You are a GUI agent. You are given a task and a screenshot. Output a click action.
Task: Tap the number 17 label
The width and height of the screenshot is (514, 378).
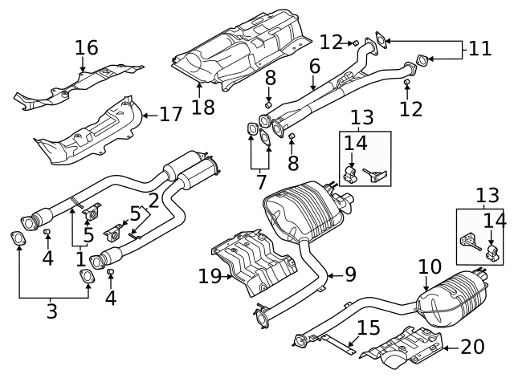170,115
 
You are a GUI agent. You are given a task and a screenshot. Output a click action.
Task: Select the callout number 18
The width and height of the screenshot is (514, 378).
203,108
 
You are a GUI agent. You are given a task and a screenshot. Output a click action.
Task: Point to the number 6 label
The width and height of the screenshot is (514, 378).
314,66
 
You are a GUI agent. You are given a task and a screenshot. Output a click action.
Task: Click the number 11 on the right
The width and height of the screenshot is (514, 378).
479,48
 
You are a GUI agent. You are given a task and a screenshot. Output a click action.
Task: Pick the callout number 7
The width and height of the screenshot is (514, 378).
260,182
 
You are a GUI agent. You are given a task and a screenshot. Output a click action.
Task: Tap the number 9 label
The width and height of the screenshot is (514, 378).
350,274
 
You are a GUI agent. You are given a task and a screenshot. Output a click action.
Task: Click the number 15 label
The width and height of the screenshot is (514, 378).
368,327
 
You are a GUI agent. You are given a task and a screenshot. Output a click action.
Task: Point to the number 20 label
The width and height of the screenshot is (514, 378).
474,347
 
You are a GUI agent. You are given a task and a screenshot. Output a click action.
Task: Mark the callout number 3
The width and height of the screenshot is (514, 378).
52,311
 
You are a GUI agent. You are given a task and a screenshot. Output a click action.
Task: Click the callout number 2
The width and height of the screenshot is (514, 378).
153,201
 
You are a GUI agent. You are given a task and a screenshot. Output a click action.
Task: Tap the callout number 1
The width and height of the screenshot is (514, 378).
80,259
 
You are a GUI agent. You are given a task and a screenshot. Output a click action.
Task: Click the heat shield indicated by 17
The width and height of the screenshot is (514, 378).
88,132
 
